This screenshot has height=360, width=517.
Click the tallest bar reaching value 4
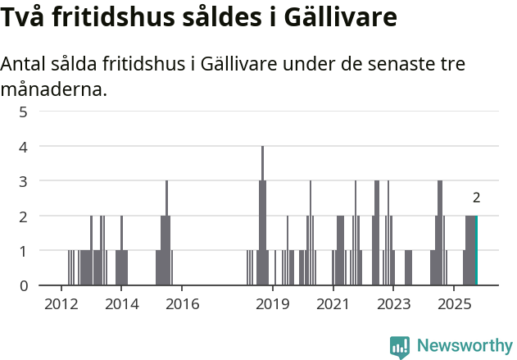262,215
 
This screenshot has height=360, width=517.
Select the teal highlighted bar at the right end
476,250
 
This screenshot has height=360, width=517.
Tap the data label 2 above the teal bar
476,198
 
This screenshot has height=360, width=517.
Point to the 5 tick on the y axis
23,112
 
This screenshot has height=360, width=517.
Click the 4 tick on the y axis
23,147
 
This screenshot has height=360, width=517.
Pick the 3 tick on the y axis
23,181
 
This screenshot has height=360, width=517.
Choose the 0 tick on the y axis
23,285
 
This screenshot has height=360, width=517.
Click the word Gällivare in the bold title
344,18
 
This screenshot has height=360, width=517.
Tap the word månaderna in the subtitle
54,89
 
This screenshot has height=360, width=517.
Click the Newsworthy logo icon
400,347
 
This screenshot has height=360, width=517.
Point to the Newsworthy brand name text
464,347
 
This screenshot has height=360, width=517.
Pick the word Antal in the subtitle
25,65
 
